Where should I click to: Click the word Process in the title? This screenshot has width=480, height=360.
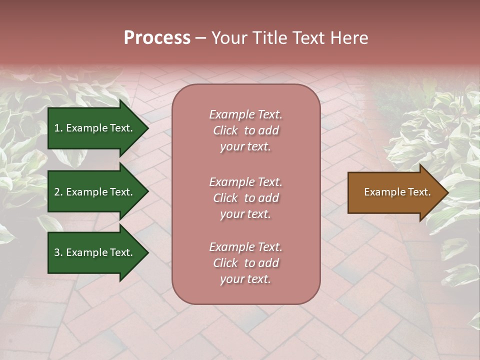coord(157,38)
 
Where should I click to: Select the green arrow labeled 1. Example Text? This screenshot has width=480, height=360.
coord(93,128)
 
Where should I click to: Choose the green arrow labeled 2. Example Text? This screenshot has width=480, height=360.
coord(93,192)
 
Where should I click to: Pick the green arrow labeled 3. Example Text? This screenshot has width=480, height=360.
coord(93,252)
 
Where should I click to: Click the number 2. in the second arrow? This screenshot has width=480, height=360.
coord(58,192)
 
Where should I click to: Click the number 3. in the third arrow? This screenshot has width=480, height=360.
coord(58,252)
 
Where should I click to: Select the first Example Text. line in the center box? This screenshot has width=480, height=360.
coord(245,114)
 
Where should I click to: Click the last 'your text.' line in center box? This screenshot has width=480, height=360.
coord(245,279)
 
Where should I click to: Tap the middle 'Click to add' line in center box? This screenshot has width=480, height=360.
coord(245,198)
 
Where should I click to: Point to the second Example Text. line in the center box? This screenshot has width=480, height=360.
coord(245,182)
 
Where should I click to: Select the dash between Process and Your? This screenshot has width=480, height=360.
coord(200,38)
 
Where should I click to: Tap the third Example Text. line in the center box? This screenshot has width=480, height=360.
coord(245,247)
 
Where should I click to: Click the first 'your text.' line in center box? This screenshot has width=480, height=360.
coord(245,147)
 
